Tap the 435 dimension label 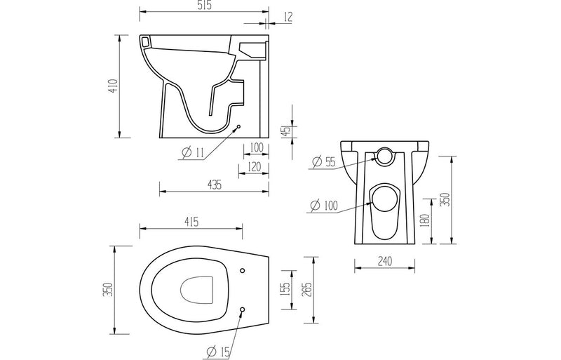point(214,185)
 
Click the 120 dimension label point(255,166)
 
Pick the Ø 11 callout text point(192,153)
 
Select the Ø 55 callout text point(325,163)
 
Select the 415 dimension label point(191,222)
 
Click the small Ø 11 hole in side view point(240,127)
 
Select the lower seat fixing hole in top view point(242,309)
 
